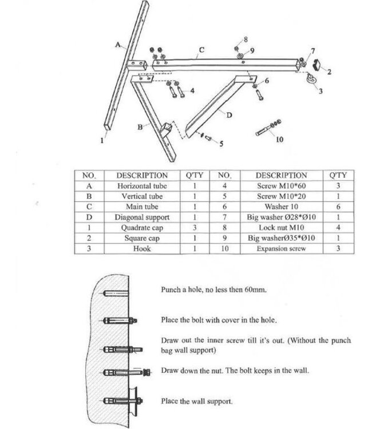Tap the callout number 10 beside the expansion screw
point(279,139)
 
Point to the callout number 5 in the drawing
point(221,143)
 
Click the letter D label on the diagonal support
point(229,116)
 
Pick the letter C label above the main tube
point(201,50)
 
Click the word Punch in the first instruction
point(171,289)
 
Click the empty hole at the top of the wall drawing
point(111,295)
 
